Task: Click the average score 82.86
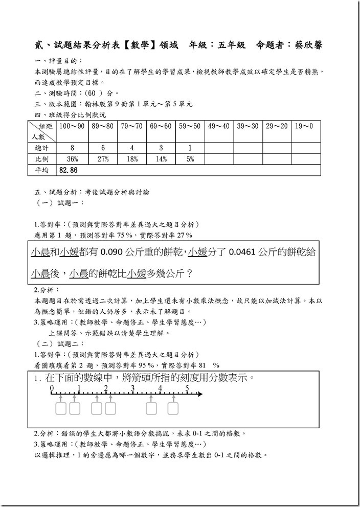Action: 70,170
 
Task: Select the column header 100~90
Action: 72,126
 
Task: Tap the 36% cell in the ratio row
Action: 72,159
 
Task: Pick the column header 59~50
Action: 190,126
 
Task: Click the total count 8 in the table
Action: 72,148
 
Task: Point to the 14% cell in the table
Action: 161,159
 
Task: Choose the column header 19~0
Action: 304,126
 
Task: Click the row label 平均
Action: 41,170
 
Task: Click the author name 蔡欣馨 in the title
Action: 307,45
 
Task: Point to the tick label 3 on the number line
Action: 133,388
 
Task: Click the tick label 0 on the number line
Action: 52,388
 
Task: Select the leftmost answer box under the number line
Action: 61,408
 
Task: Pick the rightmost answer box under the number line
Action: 173,408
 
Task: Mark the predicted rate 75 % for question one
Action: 127,235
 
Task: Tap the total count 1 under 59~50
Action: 190,148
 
